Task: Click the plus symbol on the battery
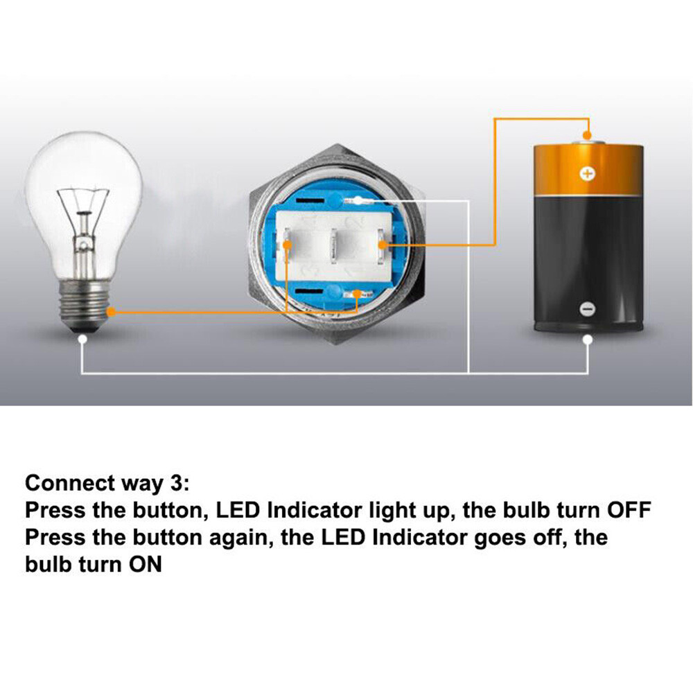point(587,174)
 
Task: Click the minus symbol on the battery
point(586,309)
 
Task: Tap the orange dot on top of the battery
point(587,135)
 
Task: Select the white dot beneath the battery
point(588,340)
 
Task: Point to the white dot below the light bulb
point(82,340)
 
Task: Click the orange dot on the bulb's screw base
point(112,312)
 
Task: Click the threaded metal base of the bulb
point(84,305)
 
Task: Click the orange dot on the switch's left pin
point(288,245)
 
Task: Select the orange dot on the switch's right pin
point(383,245)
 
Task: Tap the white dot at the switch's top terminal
point(358,201)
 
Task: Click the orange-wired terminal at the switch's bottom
point(357,293)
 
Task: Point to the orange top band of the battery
point(588,170)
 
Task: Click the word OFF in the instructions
point(629,510)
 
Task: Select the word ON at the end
point(145,564)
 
